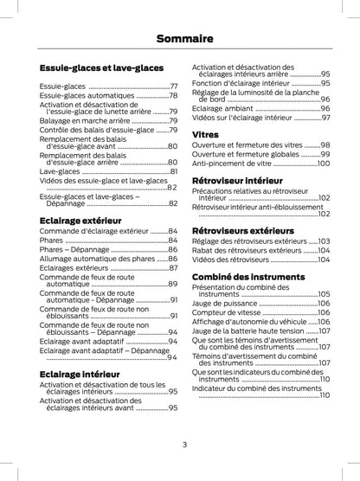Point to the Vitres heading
click(204, 135)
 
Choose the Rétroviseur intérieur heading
click(235, 179)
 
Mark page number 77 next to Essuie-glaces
click(173, 87)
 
